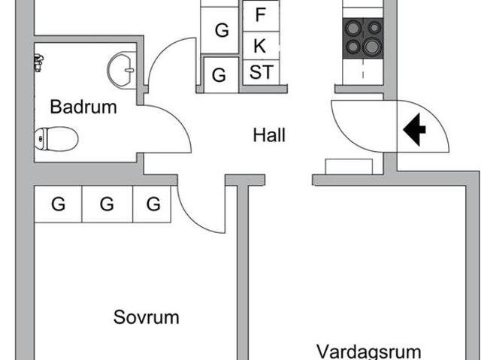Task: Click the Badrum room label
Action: [x=83, y=107]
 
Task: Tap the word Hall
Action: [x=269, y=135]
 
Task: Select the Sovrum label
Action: [x=147, y=317]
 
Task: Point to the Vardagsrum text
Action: [x=368, y=351]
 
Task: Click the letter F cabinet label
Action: [x=260, y=15]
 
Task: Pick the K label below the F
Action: [x=260, y=45]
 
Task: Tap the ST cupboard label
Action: [x=261, y=73]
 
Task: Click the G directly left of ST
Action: [x=219, y=75]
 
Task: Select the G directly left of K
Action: [x=222, y=31]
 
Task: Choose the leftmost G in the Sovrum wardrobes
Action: [x=58, y=204]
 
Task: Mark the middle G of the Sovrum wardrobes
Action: [x=107, y=204]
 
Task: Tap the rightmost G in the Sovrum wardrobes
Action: [x=153, y=204]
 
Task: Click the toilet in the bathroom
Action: [x=56, y=138]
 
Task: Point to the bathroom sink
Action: [x=120, y=71]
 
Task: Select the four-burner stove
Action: [x=362, y=38]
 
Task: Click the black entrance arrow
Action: [x=414, y=129]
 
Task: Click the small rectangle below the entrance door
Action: [x=349, y=166]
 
